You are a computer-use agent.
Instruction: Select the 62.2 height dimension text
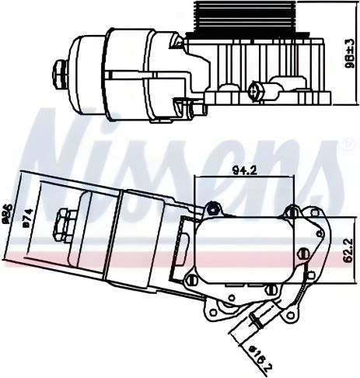(350, 252)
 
